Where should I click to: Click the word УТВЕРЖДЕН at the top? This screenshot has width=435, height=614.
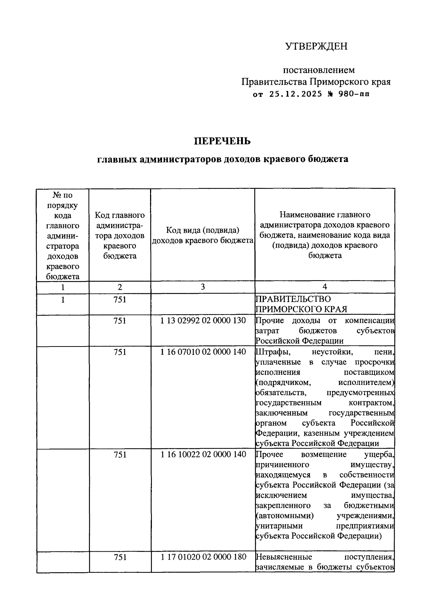[316, 46]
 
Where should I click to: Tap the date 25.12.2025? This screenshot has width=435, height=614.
[295, 94]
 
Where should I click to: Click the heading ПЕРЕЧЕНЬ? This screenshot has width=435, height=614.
[222, 141]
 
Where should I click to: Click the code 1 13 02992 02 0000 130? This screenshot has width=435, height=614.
[203, 320]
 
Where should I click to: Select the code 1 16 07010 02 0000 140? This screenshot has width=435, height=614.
[203, 352]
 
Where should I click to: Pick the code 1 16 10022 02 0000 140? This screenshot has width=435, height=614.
[203, 455]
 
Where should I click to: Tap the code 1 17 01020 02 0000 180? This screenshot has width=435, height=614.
[203, 557]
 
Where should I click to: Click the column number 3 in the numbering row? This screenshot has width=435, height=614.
[203, 287]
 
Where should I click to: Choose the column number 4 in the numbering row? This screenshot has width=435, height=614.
[325, 287]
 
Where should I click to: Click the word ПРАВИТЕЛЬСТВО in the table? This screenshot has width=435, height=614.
[293, 299]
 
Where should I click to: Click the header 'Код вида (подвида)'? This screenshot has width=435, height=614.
[203, 230]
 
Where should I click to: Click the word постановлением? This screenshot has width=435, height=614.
[318, 70]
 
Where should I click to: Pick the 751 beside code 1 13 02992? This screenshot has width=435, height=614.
[120, 320]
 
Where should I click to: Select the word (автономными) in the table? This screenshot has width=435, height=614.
[284, 516]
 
